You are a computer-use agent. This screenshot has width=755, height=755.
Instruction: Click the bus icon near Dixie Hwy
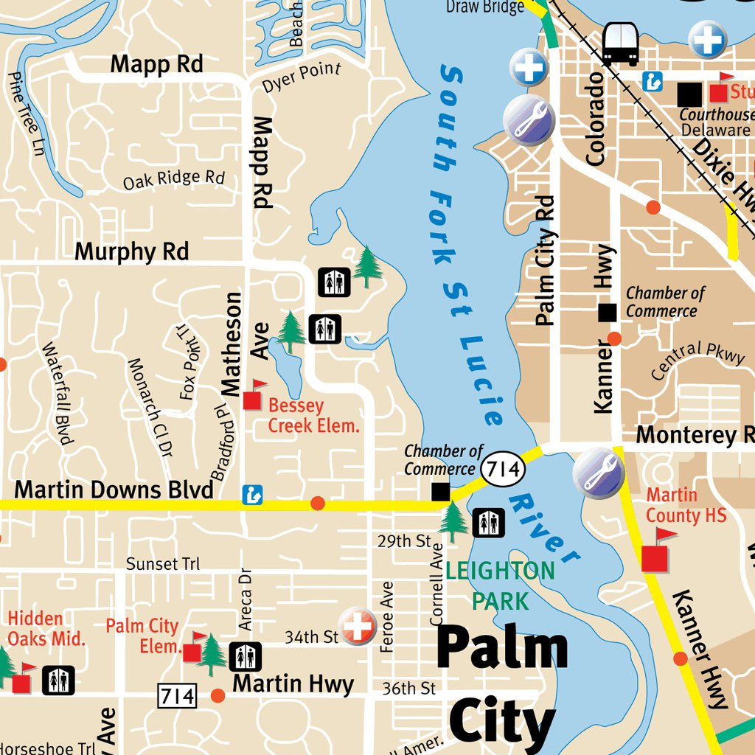(x=620, y=44)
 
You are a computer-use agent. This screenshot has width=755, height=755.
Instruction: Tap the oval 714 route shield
(x=504, y=468)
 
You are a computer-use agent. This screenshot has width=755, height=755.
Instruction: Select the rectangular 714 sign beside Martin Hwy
(x=177, y=695)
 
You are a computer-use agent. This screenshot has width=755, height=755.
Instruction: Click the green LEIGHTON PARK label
(x=500, y=585)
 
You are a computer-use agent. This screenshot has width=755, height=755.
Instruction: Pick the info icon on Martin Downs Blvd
(x=252, y=495)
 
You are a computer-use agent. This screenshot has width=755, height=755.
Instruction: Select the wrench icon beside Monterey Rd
(x=596, y=472)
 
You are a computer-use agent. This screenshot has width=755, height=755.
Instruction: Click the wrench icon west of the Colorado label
(x=528, y=119)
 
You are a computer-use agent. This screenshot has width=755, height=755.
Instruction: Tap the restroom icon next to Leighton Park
(x=488, y=523)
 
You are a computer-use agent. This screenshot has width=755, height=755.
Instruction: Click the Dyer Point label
(x=302, y=78)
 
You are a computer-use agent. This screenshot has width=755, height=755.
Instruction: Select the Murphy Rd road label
(x=132, y=251)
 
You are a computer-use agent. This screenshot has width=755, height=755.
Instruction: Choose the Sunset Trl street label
(x=162, y=564)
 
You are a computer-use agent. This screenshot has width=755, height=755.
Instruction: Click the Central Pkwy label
(x=697, y=359)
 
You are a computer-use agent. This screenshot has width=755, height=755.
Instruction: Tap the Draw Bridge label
(x=484, y=7)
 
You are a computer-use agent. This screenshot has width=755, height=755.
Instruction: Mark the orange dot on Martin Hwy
(x=218, y=695)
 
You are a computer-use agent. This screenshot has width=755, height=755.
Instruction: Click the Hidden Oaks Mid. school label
(x=46, y=628)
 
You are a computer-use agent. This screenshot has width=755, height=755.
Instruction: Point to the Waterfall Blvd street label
(x=58, y=394)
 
